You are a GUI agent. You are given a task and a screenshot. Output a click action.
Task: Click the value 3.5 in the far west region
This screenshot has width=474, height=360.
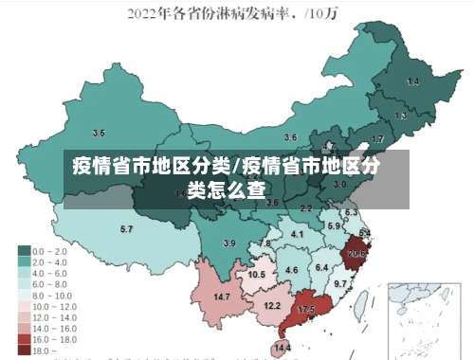click(x=99, y=133)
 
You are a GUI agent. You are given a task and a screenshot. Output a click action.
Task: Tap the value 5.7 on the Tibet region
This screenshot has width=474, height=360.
click(x=126, y=229)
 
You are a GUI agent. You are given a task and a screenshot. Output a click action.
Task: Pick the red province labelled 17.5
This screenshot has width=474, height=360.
click(x=306, y=310)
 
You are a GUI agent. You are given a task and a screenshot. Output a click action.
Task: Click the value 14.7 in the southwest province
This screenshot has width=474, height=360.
click(x=222, y=297)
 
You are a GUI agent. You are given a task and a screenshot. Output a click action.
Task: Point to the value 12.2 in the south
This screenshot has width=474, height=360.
click(x=272, y=305)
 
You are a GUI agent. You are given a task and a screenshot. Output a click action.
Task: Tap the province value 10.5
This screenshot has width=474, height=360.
click(x=256, y=274)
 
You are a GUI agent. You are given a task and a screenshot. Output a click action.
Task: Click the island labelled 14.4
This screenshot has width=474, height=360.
click(x=282, y=348)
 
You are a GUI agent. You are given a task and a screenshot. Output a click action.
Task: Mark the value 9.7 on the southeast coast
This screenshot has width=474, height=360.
click(x=339, y=283)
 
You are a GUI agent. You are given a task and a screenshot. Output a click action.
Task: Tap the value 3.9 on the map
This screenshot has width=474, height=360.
click(x=228, y=243)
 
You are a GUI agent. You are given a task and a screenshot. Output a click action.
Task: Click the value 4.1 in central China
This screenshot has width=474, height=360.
click(x=297, y=234)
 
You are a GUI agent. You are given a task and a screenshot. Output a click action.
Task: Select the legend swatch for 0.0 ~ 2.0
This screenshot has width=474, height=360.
click(x=24, y=250)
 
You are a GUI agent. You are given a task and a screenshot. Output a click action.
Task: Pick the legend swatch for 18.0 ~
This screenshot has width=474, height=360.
click(x=24, y=350)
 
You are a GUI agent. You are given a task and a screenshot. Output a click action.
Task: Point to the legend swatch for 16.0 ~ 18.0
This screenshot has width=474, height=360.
click(x=24, y=337)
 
